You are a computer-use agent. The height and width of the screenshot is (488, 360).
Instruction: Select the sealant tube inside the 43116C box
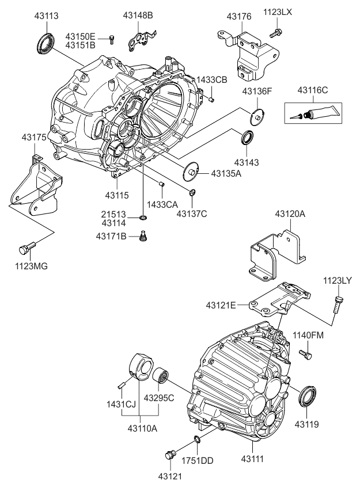coord(311,113)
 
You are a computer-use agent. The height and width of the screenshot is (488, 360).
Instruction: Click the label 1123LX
coord(278,12)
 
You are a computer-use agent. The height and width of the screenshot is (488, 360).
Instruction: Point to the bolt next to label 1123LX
coord(276,33)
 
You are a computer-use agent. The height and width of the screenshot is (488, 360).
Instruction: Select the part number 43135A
coord(226,173)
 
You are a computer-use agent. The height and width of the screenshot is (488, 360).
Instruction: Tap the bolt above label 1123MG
coord(25,248)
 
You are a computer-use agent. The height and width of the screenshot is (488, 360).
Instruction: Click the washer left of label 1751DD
coord(198,440)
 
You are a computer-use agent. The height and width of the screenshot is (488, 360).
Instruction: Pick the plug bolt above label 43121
coord(170,455)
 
